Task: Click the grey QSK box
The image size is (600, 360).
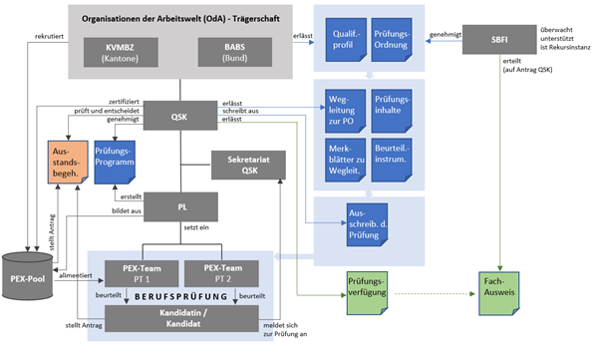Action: click(180, 116)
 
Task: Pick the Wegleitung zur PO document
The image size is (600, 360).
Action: click(343, 108)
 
